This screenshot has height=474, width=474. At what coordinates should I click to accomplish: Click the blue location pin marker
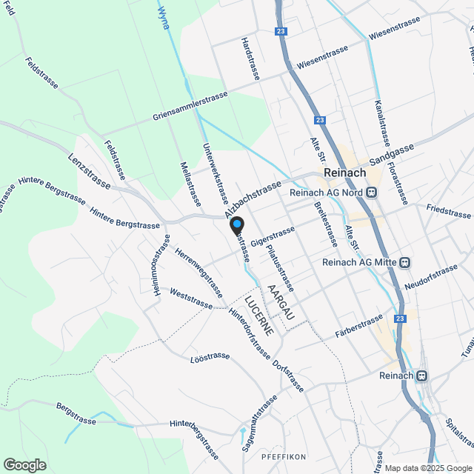236,224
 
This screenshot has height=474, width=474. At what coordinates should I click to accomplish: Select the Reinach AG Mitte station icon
404,262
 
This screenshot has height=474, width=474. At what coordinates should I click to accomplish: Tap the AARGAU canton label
281,301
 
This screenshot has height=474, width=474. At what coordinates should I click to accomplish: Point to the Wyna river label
164,16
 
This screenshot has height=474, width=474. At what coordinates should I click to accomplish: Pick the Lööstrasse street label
210,356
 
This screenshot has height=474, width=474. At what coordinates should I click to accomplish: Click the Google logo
24,464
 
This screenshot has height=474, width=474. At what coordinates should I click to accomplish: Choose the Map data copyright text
426,468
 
